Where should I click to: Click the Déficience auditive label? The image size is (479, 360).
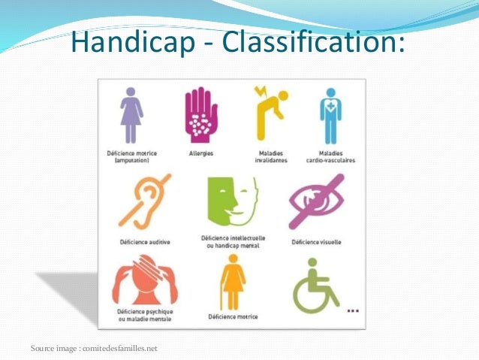(143, 242)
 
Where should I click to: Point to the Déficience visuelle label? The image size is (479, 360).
(315, 242)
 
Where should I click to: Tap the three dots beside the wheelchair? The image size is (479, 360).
(352, 309)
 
